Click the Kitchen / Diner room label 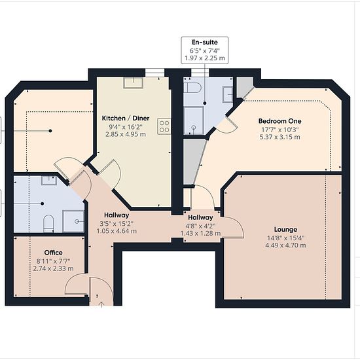(126, 118)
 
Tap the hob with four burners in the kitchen (164, 126)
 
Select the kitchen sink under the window (133, 83)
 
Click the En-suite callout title (205, 43)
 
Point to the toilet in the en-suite (193, 88)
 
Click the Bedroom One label (279, 121)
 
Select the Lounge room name (285, 229)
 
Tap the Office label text (53, 253)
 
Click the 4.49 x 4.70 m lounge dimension (285, 245)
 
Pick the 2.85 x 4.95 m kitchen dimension (126, 134)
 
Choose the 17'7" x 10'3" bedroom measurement (279, 130)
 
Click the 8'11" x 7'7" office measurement (53, 261)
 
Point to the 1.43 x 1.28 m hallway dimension (200, 234)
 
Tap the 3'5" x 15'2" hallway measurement (117, 223)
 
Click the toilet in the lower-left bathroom (48, 223)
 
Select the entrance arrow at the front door (101, 304)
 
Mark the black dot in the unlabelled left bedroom (50, 131)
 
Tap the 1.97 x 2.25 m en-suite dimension (205, 58)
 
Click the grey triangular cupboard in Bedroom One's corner (244, 86)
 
